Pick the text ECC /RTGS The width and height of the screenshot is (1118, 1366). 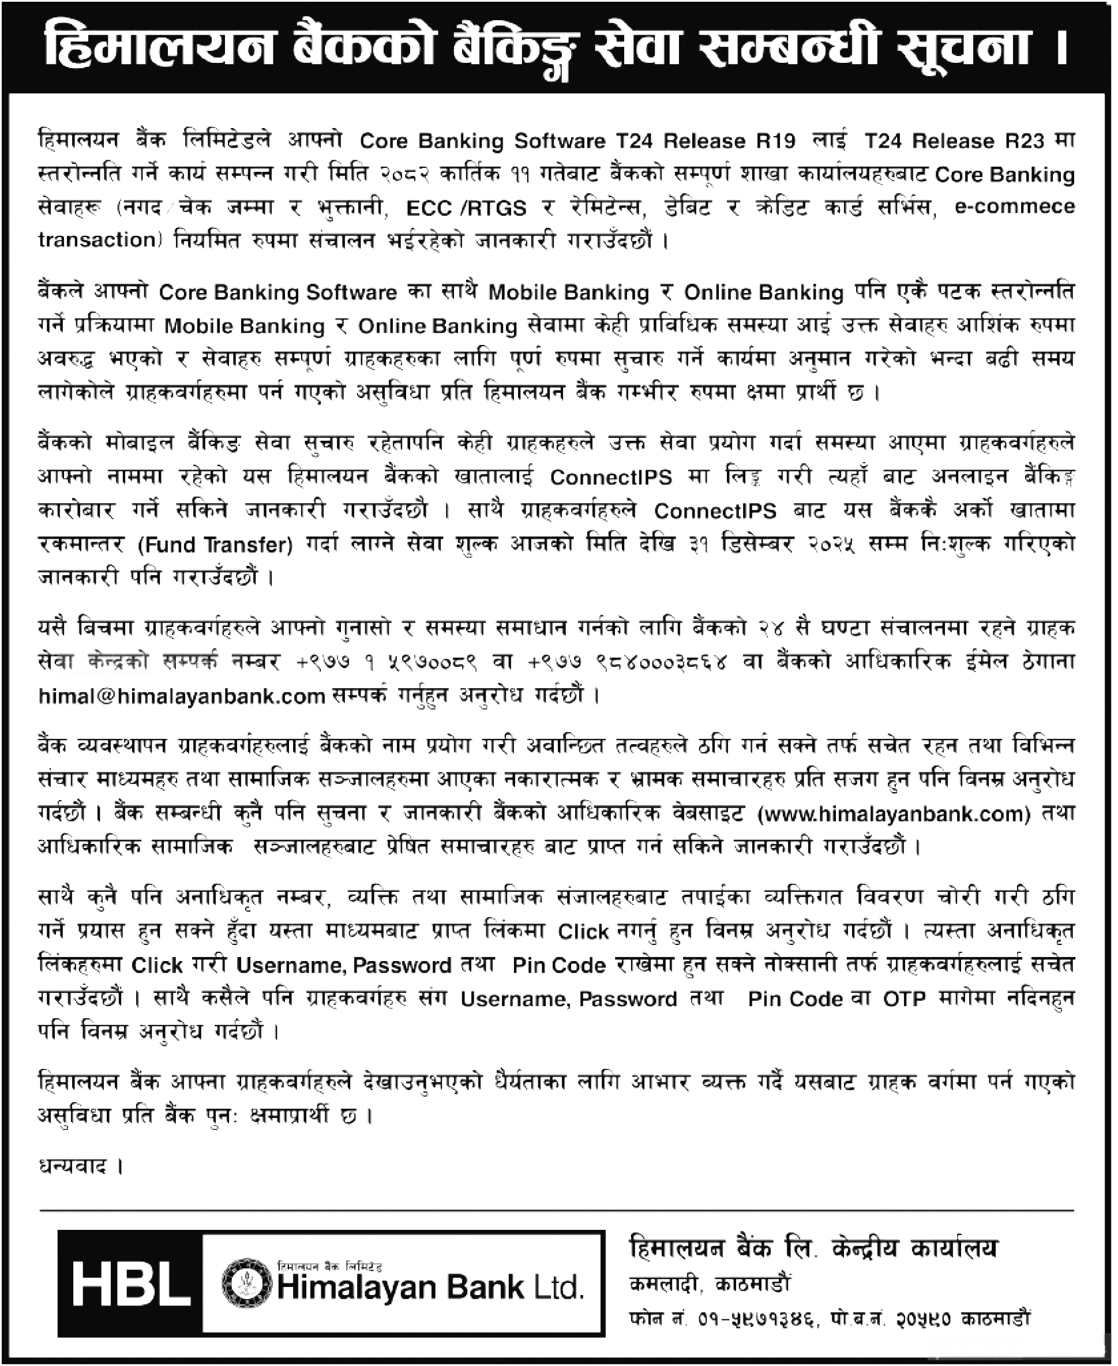click(x=466, y=208)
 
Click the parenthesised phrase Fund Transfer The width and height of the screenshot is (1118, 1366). click(x=215, y=546)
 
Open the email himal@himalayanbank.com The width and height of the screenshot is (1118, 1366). click(x=182, y=696)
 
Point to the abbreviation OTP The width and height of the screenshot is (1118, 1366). click(x=904, y=999)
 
